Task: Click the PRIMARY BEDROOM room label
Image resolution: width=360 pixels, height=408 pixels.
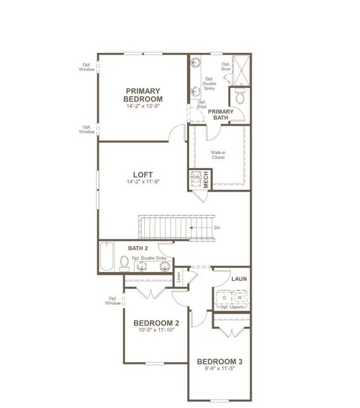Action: pyautogui.click(x=142, y=95)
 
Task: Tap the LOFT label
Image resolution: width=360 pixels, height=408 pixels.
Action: pyautogui.click(x=142, y=173)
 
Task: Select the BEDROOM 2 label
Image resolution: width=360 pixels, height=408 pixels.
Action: pyautogui.click(x=156, y=323)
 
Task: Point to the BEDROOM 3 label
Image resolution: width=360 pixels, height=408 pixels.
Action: pyautogui.click(x=219, y=361)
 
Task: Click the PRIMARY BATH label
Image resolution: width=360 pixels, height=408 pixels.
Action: pyautogui.click(x=220, y=114)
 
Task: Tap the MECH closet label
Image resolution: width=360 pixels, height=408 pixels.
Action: pyautogui.click(x=206, y=180)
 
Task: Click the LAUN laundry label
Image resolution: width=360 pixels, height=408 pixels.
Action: pyautogui.click(x=238, y=279)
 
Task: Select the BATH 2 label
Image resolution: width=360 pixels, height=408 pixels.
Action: pyautogui.click(x=139, y=248)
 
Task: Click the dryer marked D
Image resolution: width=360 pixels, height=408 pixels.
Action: pyautogui.click(x=224, y=297)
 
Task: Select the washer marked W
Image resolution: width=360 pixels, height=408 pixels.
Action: pyautogui.click(x=240, y=297)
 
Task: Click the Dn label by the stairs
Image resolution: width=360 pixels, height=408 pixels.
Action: pyautogui.click(x=216, y=228)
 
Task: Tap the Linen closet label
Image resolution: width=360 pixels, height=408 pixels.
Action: pyautogui.click(x=179, y=277)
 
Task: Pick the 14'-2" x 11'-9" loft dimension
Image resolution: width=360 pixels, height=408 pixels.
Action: pyautogui.click(x=142, y=182)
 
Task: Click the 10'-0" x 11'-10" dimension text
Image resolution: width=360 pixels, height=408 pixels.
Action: pyautogui.click(x=156, y=331)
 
